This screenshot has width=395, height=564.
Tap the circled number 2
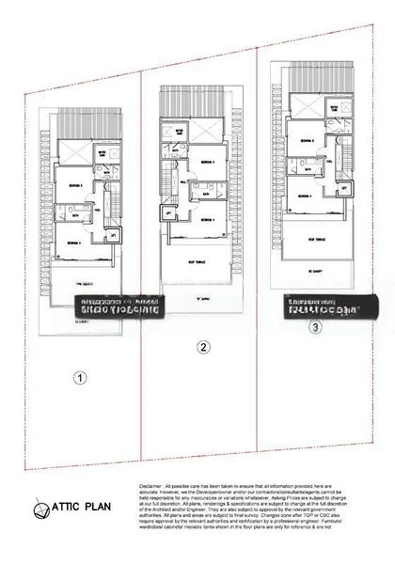point(202,347)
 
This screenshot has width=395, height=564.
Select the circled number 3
point(315,328)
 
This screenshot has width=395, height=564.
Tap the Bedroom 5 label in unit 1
point(76,185)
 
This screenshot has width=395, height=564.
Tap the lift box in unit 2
point(168,213)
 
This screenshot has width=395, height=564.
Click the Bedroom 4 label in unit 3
point(305,196)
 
